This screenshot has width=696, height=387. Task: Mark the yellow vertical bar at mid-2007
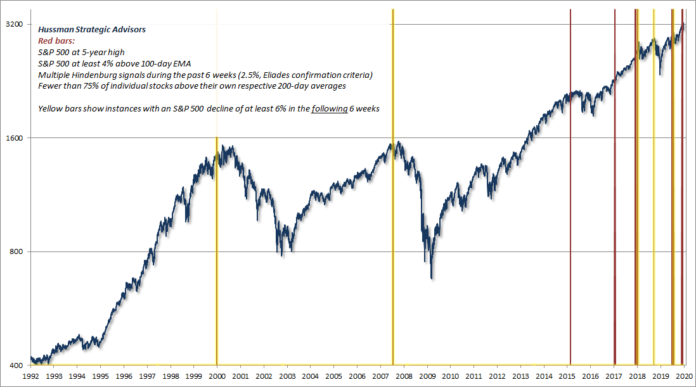coord(393,190)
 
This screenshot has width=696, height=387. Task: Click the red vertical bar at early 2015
coord(570,190)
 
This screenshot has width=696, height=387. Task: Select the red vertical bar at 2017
coord(615,190)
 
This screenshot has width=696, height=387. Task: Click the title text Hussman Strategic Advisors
coord(92,30)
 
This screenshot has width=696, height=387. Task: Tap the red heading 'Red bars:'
coord(56,40)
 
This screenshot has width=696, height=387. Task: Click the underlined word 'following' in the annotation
coord(330,108)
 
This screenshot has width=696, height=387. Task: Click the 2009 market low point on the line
coord(432,277)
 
